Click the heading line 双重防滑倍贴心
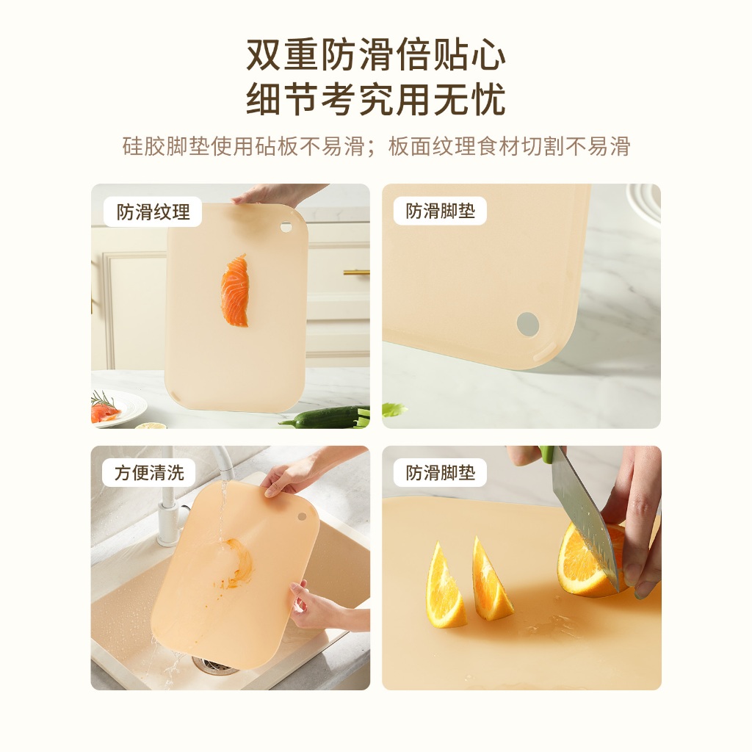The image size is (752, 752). click(376, 54)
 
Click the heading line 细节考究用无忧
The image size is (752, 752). click(376, 99)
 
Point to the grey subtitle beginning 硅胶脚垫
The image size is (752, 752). click(376, 146)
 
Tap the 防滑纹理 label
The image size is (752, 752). click(153, 212)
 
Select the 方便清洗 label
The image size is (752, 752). click(149, 473)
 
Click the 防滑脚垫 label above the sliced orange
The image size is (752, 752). click(441, 473)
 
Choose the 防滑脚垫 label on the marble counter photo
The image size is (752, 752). click(441, 211)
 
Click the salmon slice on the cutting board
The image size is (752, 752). click(235, 291)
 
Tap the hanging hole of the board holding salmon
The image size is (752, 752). click(286, 227)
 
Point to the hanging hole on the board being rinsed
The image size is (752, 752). click(302, 516)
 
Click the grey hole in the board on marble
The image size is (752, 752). click(528, 323)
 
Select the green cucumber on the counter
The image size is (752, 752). click(326, 417)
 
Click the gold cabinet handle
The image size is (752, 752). click(356, 272)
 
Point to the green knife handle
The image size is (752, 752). click(546, 454)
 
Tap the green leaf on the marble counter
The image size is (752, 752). click(394, 410)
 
